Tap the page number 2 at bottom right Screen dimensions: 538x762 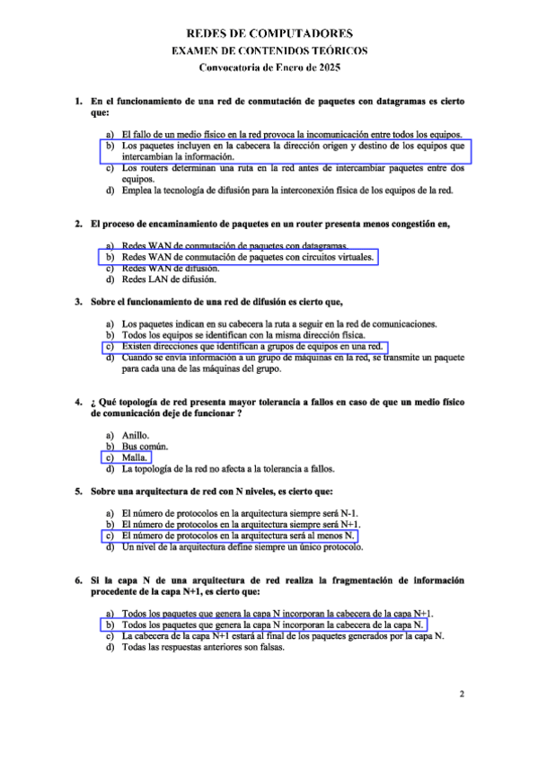tap(462, 694)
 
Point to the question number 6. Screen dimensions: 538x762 tap(80, 581)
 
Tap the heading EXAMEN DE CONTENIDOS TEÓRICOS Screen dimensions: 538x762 tap(269, 51)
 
